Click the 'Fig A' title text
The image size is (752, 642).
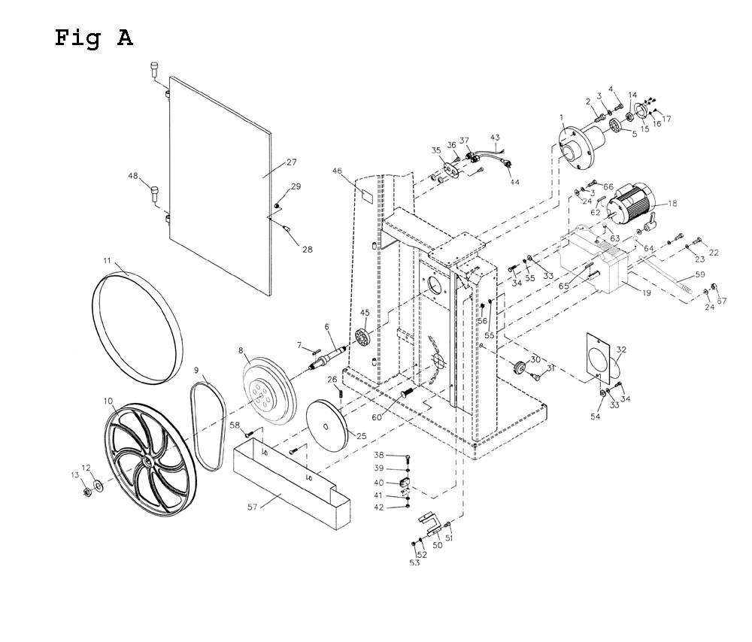[93, 38]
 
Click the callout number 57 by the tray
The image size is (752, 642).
[252, 507]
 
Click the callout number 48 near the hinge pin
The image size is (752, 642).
[133, 176]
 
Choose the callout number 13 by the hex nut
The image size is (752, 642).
[74, 474]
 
